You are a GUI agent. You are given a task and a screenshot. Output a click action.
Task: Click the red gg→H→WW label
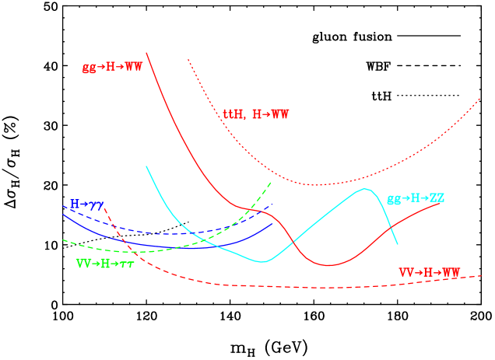pos(112,67)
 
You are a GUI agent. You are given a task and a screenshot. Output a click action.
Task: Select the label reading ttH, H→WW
pos(256,114)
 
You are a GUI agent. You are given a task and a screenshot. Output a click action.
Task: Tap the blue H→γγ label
pos(87,204)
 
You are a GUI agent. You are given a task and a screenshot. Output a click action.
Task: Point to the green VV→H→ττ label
pos(105,264)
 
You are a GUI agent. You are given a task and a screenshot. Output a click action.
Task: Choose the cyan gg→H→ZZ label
pos(416,198)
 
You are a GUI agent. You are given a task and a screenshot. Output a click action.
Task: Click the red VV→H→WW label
pos(430,273)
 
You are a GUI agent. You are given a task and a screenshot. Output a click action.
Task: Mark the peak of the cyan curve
pos(363,189)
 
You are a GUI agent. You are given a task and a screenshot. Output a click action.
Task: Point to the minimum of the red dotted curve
pos(316,185)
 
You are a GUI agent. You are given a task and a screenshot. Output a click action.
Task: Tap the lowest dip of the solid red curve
pos(328,265)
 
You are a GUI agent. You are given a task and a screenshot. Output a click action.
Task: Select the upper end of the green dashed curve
pos(271,183)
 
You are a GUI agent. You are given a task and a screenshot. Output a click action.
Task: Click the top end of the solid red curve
pos(146,53)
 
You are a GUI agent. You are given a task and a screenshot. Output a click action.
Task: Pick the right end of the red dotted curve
pos(481,99)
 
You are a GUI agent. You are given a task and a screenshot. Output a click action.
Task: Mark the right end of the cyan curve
pos(398,244)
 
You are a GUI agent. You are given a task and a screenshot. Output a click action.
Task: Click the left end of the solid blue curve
pos(63,215)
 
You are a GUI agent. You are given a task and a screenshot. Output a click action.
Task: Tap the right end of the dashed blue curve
pos(273,204)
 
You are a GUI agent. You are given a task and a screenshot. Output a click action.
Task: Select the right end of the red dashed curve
pos(482,275)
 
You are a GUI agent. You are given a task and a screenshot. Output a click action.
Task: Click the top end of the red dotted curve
pos(188,59)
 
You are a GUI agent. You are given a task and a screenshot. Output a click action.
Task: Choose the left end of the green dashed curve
pos(63,240)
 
